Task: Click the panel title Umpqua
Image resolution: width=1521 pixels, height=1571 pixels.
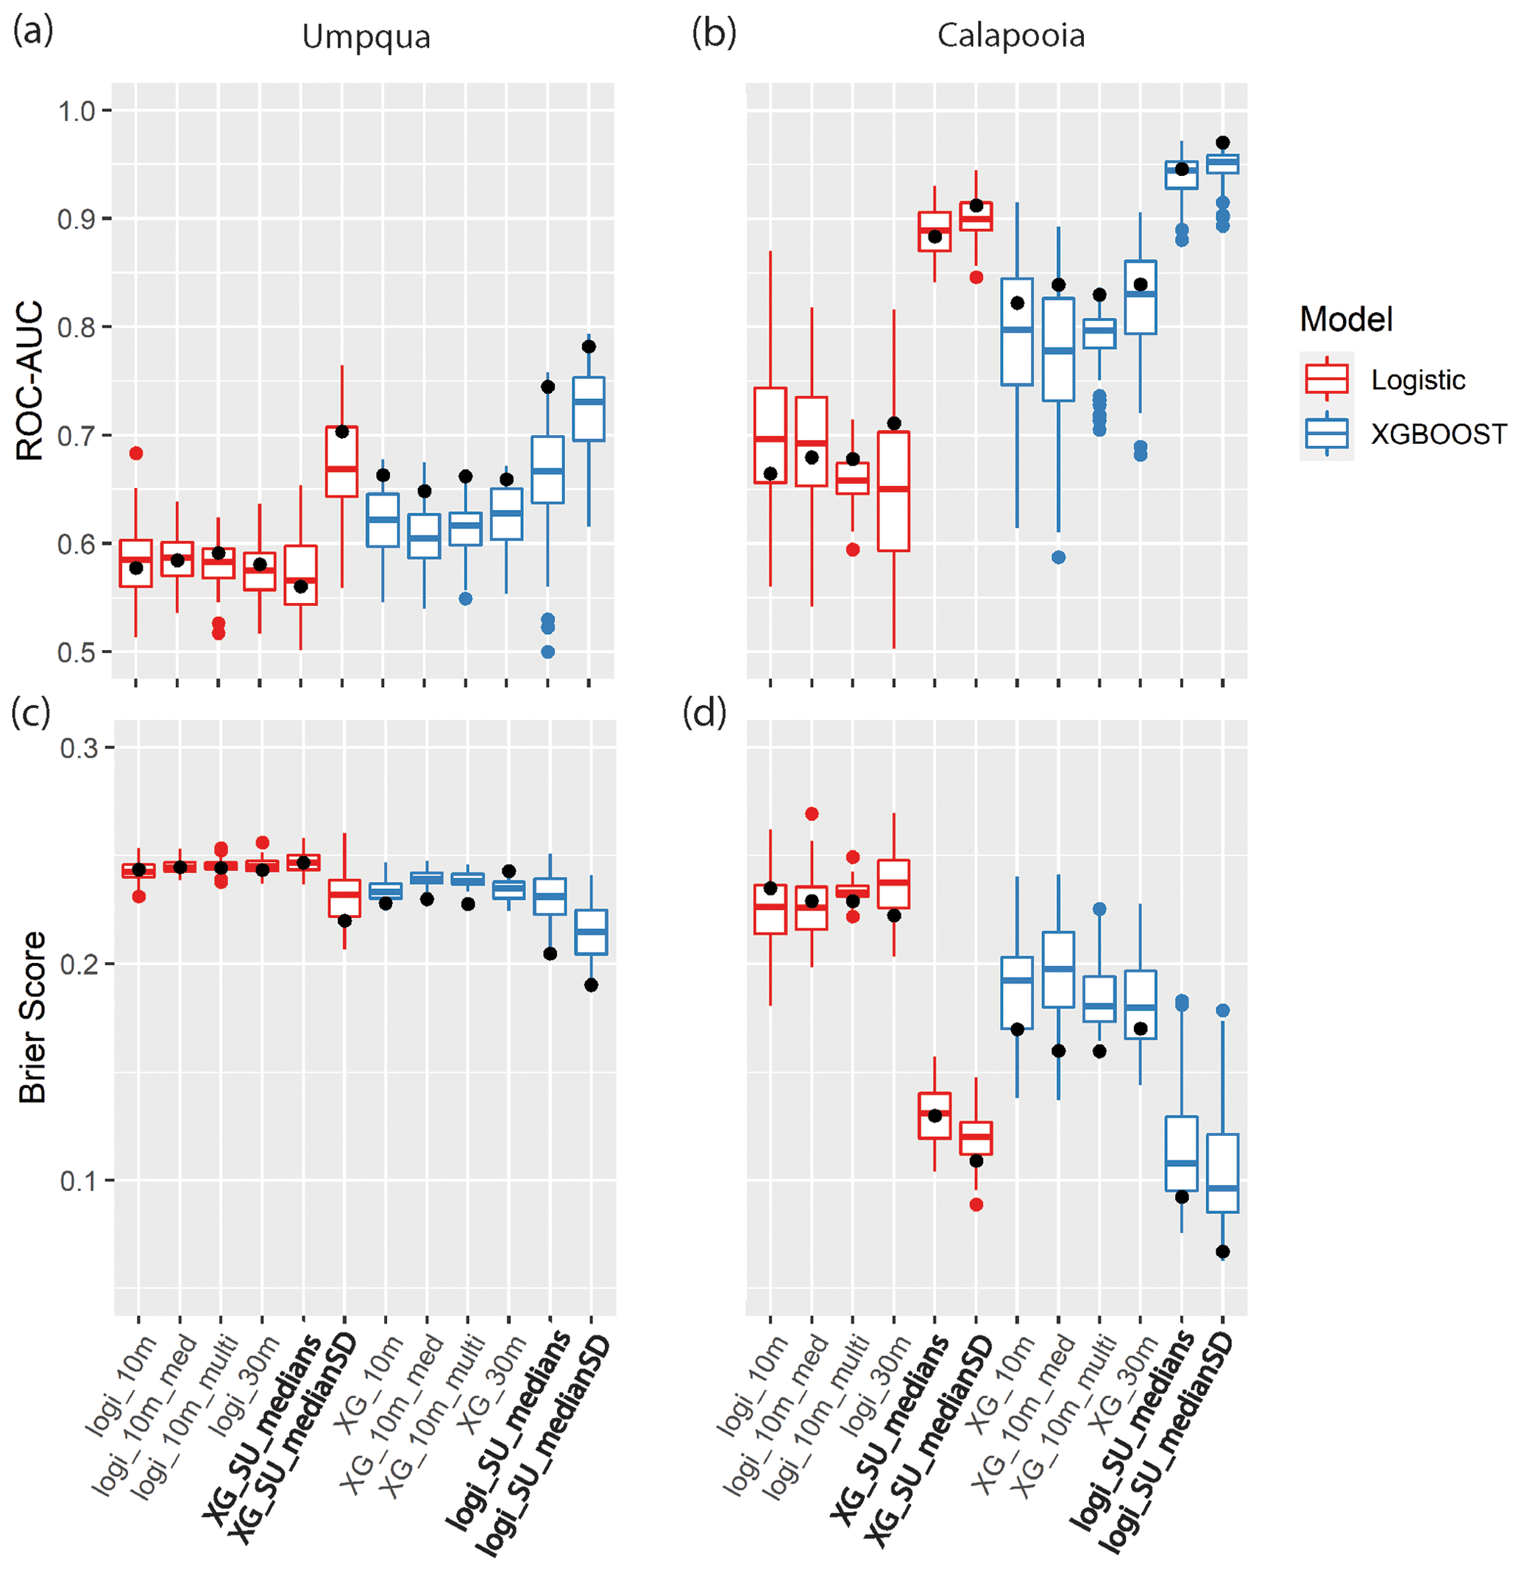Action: pos(366,37)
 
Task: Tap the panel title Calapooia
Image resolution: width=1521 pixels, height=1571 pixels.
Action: pos(1010,36)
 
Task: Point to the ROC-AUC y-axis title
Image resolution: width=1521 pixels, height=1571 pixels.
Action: pos(30,381)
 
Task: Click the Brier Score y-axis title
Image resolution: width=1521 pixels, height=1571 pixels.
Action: pos(32,1017)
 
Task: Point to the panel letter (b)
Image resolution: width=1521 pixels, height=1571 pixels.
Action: pos(713,34)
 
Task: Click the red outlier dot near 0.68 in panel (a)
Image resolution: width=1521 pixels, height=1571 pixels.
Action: pos(136,453)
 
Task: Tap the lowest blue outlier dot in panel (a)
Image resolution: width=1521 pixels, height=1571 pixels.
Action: pos(547,652)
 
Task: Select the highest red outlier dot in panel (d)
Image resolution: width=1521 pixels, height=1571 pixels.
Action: pos(811,814)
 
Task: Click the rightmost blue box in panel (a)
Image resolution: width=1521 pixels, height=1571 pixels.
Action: pos(589,409)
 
